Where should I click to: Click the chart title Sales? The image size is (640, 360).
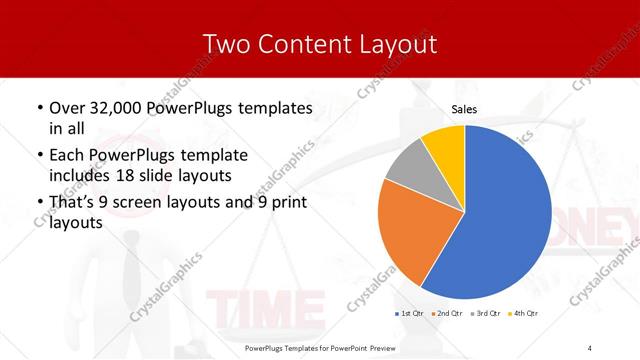[x=464, y=109]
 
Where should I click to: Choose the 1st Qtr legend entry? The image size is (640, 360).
[x=409, y=314]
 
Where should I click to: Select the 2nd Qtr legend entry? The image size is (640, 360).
[x=446, y=314]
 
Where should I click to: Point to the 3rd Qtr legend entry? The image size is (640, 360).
[x=485, y=314]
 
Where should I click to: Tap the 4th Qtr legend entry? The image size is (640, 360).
[x=523, y=314]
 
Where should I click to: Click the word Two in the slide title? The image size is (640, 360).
[x=226, y=44]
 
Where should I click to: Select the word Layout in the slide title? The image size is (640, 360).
[x=394, y=44]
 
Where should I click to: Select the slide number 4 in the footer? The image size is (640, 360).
[x=590, y=346]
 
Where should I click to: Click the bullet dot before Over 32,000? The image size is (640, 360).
[x=39, y=108]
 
